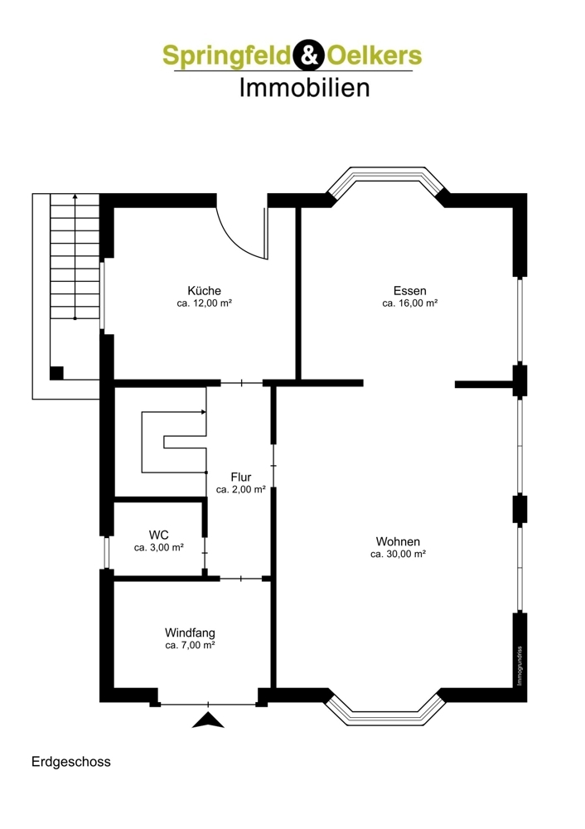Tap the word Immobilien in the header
(304, 87)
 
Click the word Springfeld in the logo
(225, 56)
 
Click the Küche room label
(204, 291)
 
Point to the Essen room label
(409, 291)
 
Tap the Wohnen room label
(398, 541)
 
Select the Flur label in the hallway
(241, 478)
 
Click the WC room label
(159, 535)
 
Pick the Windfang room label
(190, 633)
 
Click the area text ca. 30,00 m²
(398, 554)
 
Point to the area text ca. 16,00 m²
(409, 303)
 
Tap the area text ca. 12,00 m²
(204, 303)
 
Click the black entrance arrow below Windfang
(208, 720)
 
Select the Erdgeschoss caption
(70, 761)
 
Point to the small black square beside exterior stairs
(56, 372)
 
